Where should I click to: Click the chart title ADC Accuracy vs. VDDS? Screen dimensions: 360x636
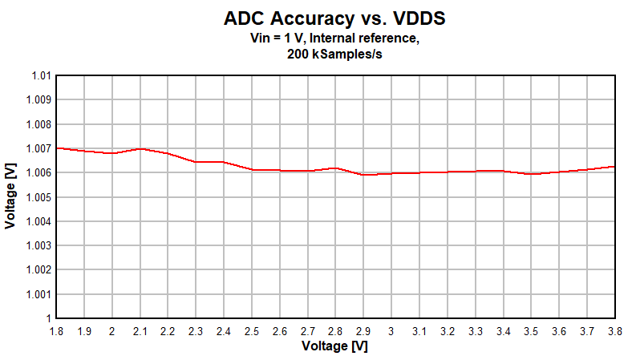coord(334,18)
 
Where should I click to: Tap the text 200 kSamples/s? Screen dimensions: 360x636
coord(334,55)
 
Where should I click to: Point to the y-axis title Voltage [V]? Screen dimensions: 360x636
coord(10,196)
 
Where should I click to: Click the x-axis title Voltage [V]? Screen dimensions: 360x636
coord(334,346)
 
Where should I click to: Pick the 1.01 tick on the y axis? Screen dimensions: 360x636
coord(41,76)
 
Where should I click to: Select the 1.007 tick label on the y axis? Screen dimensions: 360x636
coord(38,148)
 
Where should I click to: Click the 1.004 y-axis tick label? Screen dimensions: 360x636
coord(38,221)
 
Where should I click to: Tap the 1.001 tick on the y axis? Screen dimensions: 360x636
coord(38,294)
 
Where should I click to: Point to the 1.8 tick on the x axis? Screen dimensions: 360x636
coord(56,330)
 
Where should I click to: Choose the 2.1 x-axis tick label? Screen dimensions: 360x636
coord(140,330)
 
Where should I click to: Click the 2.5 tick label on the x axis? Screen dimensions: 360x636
coord(252,330)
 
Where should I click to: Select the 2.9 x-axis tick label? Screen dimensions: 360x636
coord(363,330)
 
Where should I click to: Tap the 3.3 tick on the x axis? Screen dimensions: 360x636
coord(475,330)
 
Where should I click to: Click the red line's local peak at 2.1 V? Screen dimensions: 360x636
coord(140,148)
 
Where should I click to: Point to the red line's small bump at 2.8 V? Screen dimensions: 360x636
coord(336,168)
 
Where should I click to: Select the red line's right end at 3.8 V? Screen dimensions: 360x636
coord(614,166)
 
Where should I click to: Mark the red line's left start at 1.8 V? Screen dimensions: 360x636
coord(57,148)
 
